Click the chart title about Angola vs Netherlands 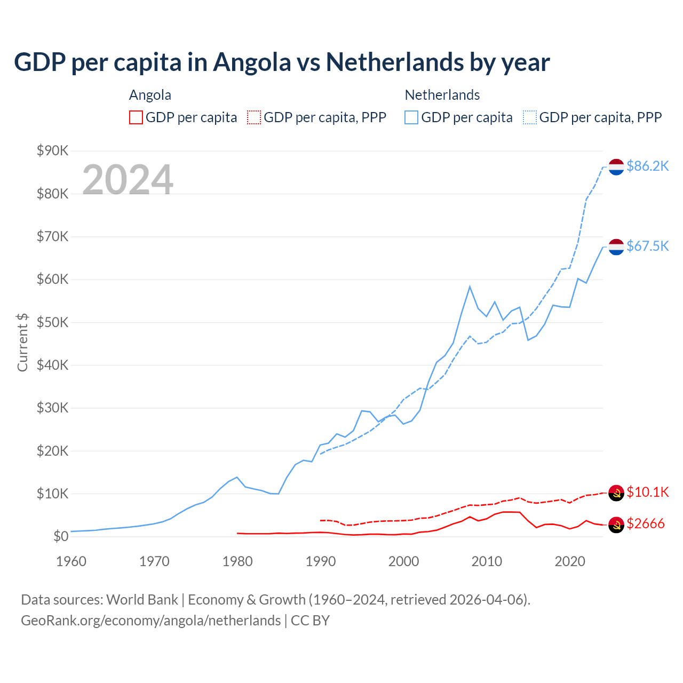(282, 62)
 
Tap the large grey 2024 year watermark (128, 180)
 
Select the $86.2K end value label (647, 166)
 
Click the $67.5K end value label (647, 246)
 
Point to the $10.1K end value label (647, 492)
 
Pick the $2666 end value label (645, 523)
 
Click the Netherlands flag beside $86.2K (616, 166)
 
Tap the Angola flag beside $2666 (616, 525)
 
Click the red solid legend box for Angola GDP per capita (136, 117)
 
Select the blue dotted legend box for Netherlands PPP (530, 117)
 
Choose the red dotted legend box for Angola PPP (254, 117)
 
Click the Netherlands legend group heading (442, 95)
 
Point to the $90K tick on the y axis (52, 151)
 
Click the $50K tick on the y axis (52, 322)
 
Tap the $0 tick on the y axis (60, 536)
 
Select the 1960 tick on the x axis (71, 561)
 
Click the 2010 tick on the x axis (487, 561)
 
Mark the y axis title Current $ (22, 342)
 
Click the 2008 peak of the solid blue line (470, 287)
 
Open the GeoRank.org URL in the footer (150, 621)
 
